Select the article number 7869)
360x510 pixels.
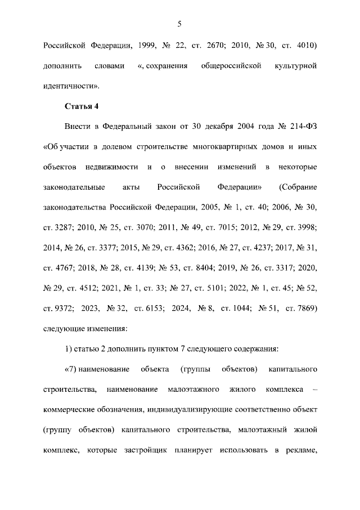pyautogui.click(x=302, y=309)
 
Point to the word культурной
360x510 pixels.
pyautogui.click(x=295, y=66)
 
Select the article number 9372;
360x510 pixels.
pyautogui.click(x=56, y=309)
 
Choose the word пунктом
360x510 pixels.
pyautogui.click(x=163, y=350)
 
